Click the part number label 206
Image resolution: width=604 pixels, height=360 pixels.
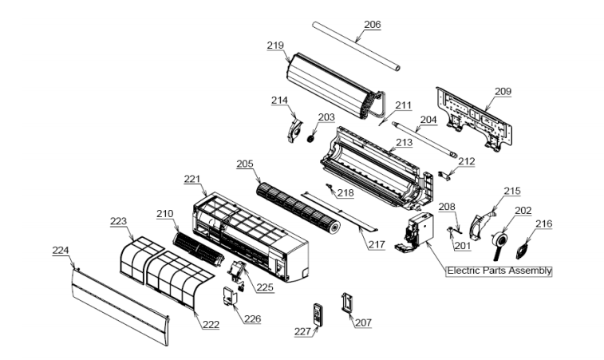click(x=372, y=25)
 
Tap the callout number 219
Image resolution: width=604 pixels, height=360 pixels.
click(x=275, y=45)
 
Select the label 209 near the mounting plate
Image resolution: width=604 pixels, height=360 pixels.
click(x=502, y=92)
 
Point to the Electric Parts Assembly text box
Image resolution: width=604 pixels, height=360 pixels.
click(x=499, y=271)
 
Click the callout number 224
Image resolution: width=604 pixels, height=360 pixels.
click(x=61, y=250)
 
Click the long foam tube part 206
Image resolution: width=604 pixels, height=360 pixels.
click(x=355, y=47)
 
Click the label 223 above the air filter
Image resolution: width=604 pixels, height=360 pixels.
click(x=118, y=220)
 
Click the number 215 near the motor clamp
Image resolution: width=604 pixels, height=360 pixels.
click(x=511, y=191)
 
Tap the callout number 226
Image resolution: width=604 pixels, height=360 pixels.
click(x=252, y=318)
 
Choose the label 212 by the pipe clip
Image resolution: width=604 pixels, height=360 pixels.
click(x=466, y=161)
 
